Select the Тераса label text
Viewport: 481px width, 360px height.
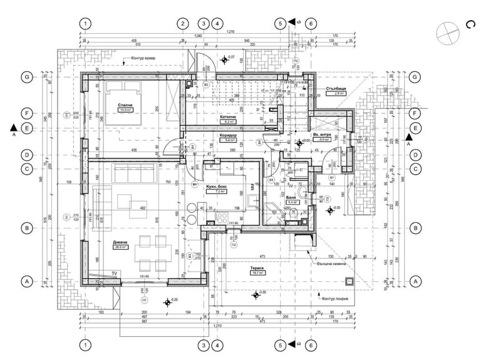[x=256, y=267]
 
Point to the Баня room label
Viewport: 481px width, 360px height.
[x=292, y=197]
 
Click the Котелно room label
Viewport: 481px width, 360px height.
[x=227, y=117]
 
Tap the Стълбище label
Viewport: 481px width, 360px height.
[x=336, y=88]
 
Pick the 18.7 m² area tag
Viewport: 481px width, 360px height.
[x=257, y=273]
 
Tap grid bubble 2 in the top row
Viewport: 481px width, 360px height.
[x=182, y=23]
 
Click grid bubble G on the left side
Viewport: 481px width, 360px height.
[x=27, y=77]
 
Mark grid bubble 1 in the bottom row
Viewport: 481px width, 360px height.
[x=85, y=345]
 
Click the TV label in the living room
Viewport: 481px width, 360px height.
[x=115, y=274]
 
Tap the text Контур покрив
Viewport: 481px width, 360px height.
[x=335, y=291]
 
